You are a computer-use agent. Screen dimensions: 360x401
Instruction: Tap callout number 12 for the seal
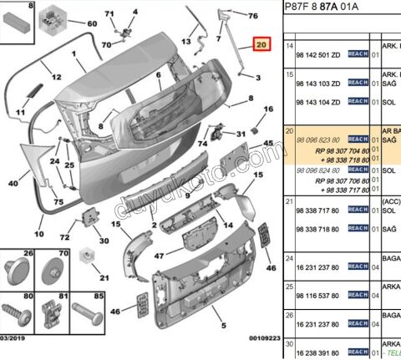pos(56,76)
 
